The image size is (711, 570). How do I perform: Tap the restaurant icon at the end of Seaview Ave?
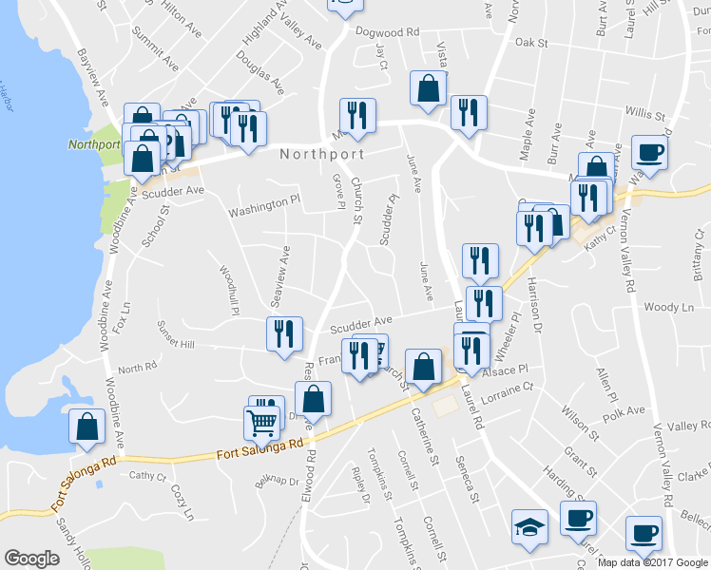(x=284, y=333)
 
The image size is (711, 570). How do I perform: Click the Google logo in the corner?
(x=31, y=559)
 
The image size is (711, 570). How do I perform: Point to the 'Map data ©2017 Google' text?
(x=652, y=562)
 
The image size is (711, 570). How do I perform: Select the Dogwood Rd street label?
(x=387, y=32)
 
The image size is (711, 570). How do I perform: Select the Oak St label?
(x=531, y=43)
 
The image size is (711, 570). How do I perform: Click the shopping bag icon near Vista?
(x=429, y=88)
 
